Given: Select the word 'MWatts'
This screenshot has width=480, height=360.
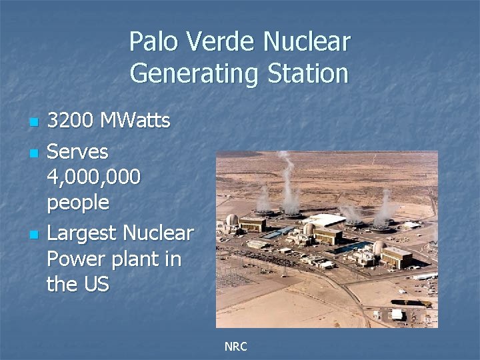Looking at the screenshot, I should click(x=135, y=121).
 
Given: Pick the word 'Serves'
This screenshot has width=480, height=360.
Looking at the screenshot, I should click(x=77, y=152).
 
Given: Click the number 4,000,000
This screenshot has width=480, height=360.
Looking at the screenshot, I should click(x=93, y=177).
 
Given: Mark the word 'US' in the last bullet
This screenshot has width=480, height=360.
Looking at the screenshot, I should click(x=95, y=284).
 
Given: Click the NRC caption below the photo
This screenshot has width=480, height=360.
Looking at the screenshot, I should click(x=235, y=347).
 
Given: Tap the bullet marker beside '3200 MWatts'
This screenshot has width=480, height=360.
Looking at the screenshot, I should click(x=33, y=123).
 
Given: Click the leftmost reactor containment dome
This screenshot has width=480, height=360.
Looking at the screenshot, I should click(x=232, y=219).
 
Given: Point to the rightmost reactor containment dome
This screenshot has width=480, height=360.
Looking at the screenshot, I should click(x=378, y=247).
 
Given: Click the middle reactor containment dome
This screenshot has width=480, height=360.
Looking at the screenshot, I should click(x=309, y=229).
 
